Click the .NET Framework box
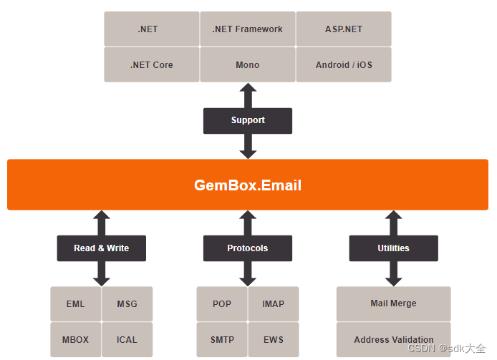point(247,29)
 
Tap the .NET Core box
point(152,65)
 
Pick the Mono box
point(247,65)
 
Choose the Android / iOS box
point(344,65)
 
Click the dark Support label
point(248,120)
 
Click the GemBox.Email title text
point(248,185)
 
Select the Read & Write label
point(102,248)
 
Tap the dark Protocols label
point(248,248)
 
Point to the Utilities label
point(393,248)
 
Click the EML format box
point(75,304)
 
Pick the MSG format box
point(127,304)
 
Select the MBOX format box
point(75,339)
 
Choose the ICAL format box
point(127,339)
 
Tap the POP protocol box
point(222,304)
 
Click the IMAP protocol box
point(274,304)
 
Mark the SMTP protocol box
point(222,339)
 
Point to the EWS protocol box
point(274,339)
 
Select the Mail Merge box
point(393,303)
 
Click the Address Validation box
point(393,339)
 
